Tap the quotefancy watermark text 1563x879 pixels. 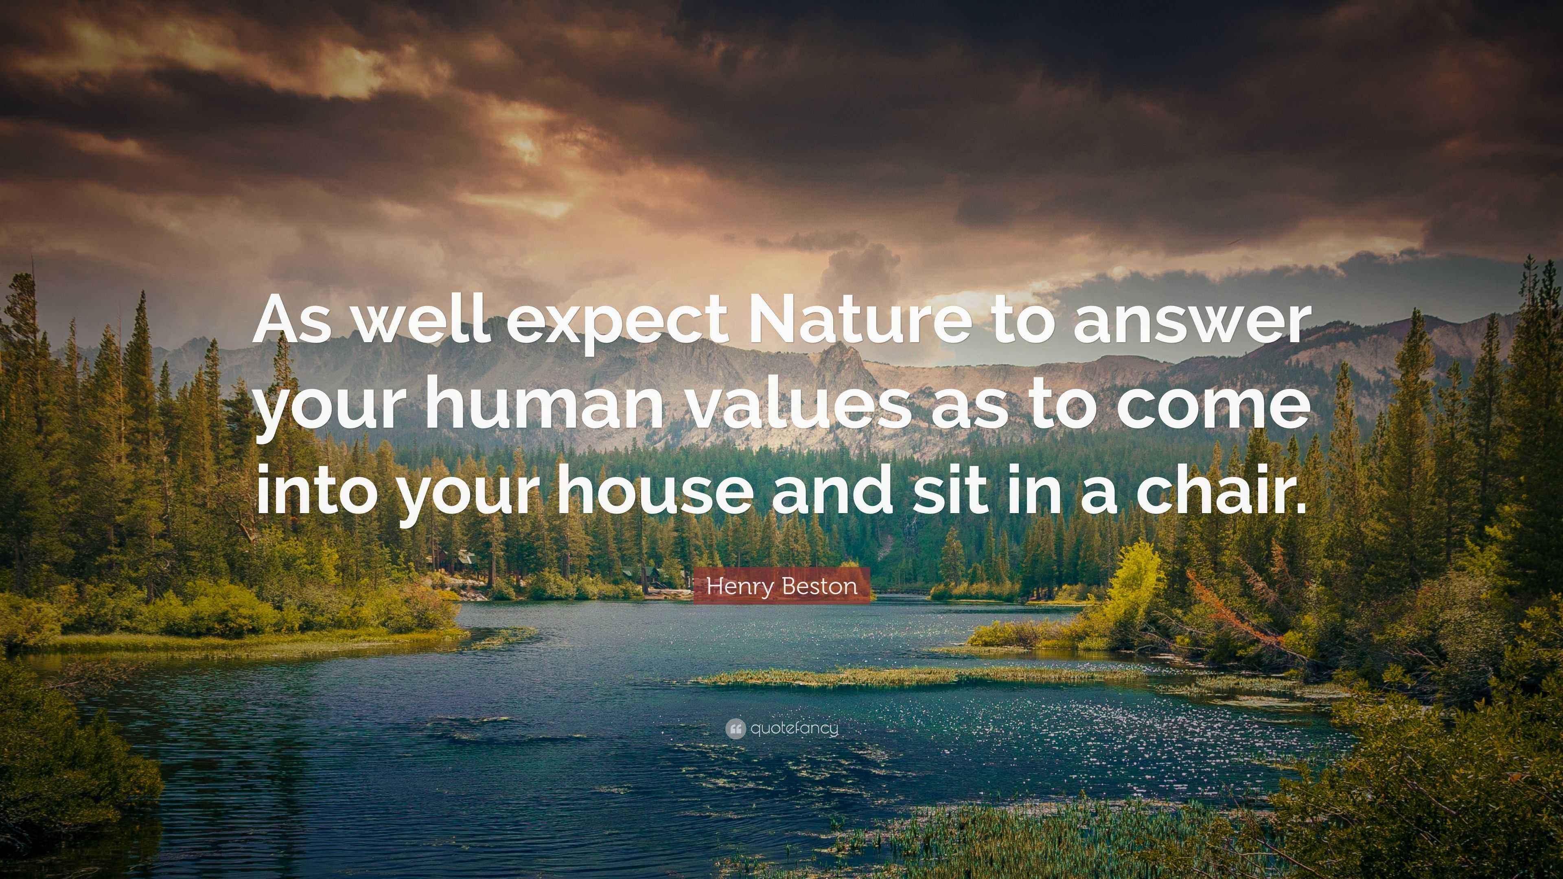pyautogui.click(x=794, y=728)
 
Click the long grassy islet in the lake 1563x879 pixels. pyautogui.click(x=910, y=675)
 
